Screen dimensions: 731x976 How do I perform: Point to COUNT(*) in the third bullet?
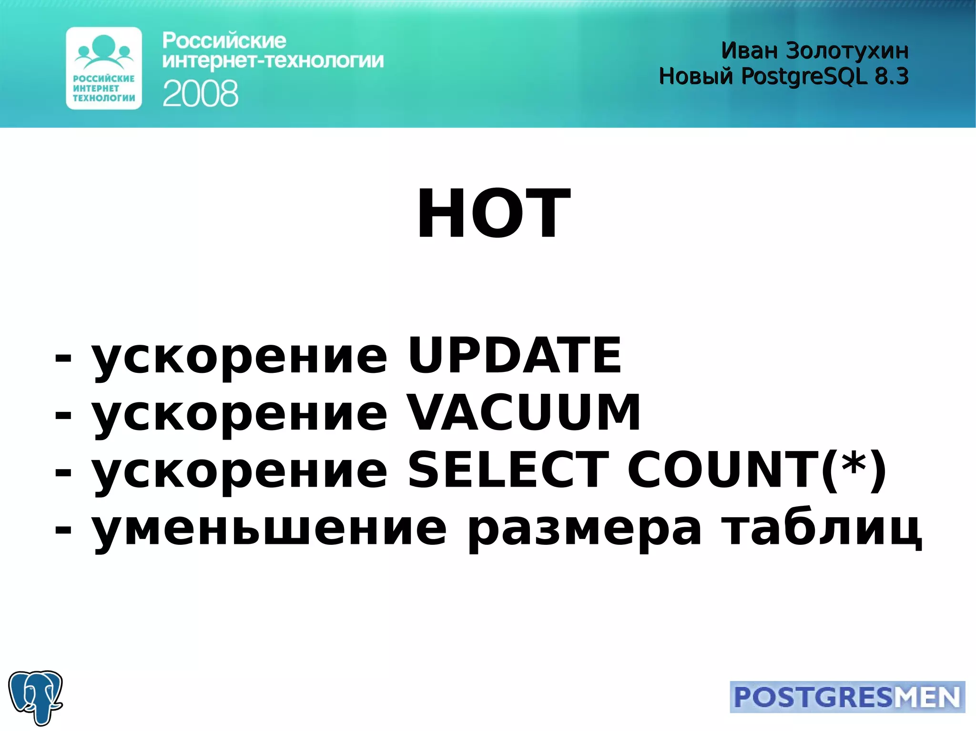(757, 470)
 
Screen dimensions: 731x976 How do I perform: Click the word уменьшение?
(269, 529)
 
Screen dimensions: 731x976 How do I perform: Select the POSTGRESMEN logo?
(847, 697)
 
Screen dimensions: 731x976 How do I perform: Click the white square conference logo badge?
(104, 68)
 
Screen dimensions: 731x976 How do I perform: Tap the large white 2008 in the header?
(200, 93)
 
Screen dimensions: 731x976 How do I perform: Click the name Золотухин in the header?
(847, 51)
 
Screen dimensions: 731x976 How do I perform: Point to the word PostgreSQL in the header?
(804, 76)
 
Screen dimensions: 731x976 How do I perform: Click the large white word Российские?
(224, 41)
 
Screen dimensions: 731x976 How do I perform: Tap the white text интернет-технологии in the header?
(273, 61)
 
